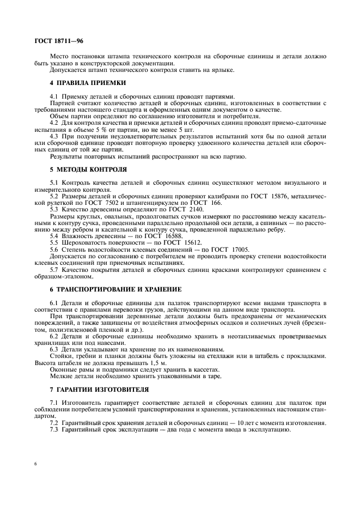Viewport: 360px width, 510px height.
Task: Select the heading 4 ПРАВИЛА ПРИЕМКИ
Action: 88,82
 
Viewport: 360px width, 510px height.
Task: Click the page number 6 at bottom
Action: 35,463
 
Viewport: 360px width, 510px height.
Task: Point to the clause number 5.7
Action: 54,271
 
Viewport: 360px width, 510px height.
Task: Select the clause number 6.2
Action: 54,336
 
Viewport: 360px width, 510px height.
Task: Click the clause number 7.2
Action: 54,423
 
